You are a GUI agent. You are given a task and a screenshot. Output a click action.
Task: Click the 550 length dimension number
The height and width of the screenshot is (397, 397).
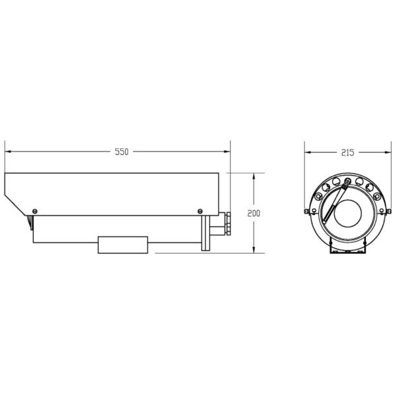121,152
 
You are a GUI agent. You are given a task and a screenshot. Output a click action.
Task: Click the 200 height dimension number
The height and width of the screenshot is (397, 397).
254,213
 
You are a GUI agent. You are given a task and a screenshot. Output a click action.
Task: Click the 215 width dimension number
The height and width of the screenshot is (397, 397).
347,152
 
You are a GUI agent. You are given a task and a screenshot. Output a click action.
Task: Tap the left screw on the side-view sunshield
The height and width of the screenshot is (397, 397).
34,211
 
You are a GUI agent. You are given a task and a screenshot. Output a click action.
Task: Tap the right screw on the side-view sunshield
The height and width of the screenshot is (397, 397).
200,211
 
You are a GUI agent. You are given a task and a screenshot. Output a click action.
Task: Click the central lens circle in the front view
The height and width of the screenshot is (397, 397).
347,213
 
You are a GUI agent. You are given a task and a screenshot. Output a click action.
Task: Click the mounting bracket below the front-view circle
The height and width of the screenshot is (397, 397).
347,248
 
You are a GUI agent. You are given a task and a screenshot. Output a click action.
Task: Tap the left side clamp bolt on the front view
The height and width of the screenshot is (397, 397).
307,212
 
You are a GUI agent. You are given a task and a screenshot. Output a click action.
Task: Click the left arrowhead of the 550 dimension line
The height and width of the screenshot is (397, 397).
7,152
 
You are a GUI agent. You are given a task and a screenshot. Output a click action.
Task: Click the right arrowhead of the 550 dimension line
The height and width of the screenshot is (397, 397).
228,152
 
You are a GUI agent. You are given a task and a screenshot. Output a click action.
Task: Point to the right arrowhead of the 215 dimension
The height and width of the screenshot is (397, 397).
388,152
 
